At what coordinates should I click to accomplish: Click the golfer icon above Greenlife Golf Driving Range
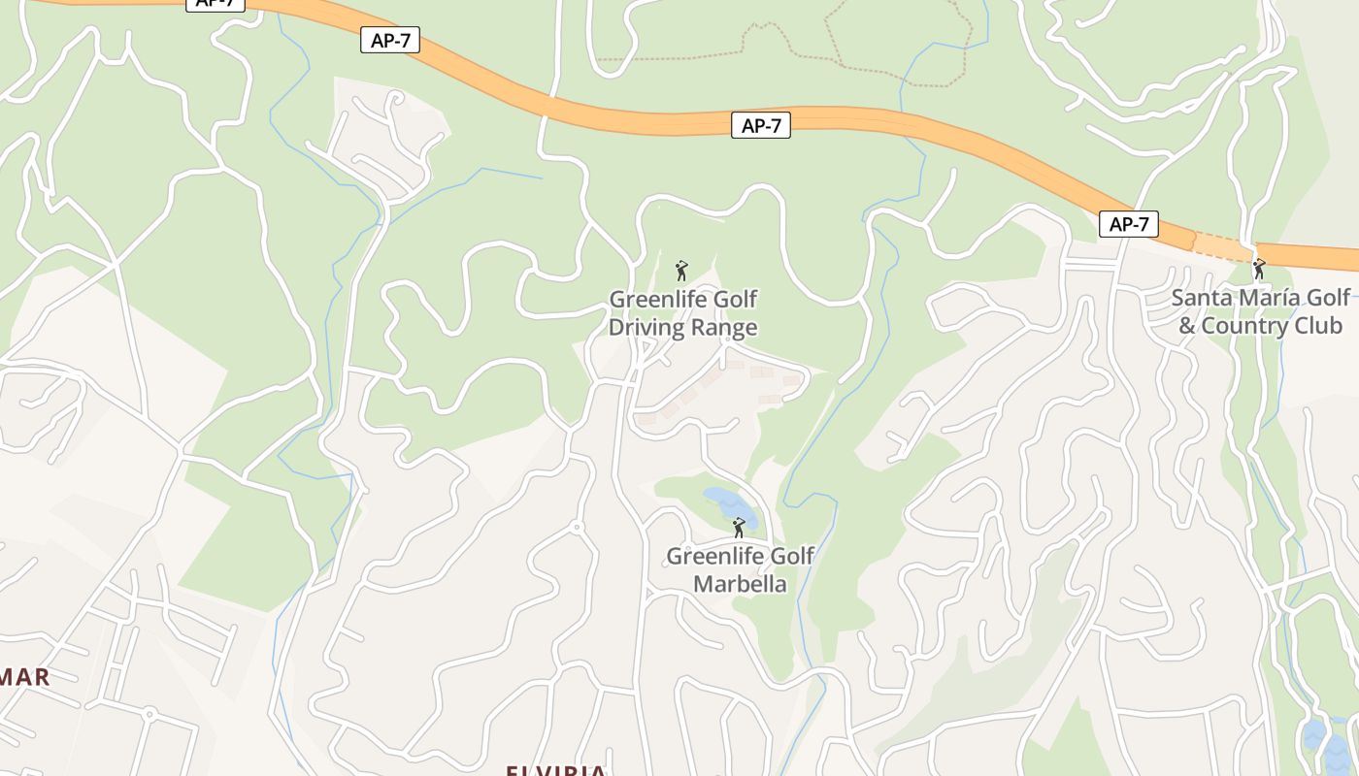[x=681, y=270]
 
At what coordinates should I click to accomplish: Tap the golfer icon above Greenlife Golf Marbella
[x=739, y=528]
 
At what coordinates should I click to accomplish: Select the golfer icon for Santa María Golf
[x=1259, y=268]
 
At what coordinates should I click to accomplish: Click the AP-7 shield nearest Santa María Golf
[x=1129, y=224]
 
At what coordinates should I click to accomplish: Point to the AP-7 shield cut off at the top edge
[x=215, y=4]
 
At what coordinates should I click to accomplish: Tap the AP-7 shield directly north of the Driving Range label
[x=760, y=125]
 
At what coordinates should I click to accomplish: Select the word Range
[x=729, y=328]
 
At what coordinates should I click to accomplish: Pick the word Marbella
[x=739, y=585]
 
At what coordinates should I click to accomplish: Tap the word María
[x=1270, y=297]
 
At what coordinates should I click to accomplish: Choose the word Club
[x=1320, y=325]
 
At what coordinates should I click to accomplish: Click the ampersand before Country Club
[x=1186, y=326]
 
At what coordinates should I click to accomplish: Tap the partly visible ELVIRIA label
[x=555, y=770]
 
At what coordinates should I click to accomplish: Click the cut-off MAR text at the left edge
[x=24, y=677]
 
